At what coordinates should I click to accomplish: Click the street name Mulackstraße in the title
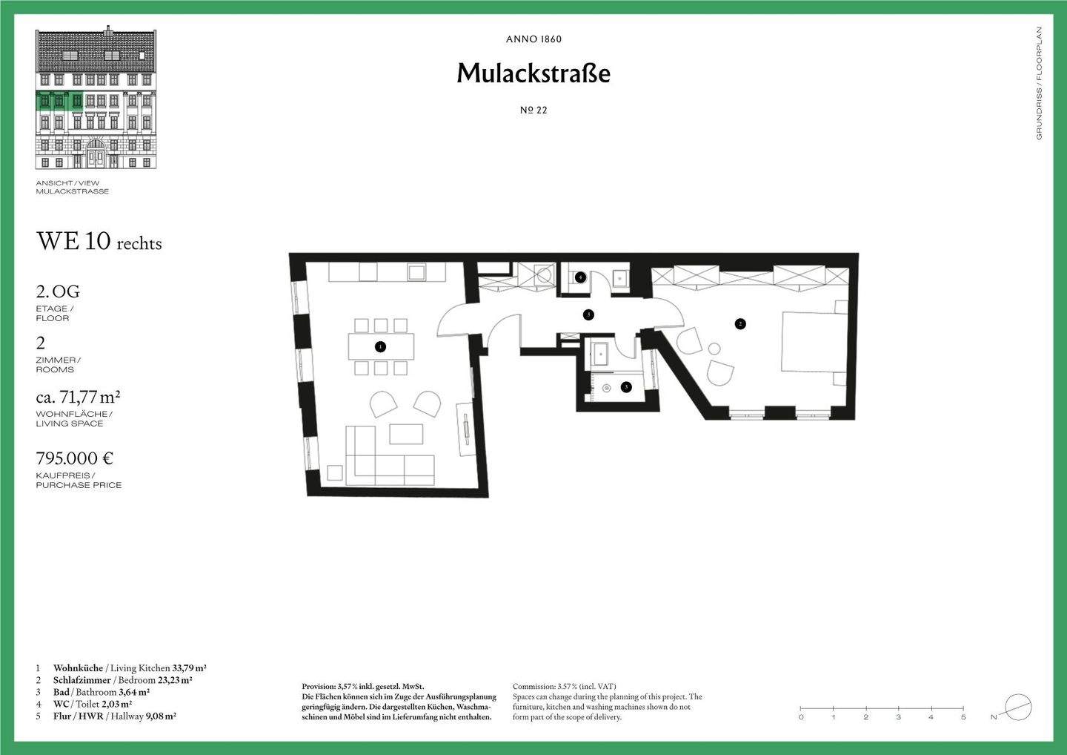[533, 73]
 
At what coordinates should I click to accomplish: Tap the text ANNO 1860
[533, 39]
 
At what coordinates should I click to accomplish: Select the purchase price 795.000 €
[75, 458]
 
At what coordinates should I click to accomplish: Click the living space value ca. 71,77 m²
[79, 398]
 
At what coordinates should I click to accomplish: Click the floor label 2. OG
[58, 291]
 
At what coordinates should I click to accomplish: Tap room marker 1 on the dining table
[380, 346]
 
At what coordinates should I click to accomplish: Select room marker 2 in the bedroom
[739, 323]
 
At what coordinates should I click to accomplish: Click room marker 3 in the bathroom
[626, 386]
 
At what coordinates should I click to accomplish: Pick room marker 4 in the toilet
[580, 277]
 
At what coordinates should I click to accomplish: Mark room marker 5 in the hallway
[588, 314]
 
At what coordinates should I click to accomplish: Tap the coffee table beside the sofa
[406, 434]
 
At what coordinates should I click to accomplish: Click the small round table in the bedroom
[714, 349]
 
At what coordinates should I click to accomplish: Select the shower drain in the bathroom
[607, 387]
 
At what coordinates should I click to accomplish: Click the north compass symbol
[1018, 706]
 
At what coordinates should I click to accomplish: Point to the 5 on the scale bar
[963, 717]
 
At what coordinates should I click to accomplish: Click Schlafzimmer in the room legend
[82, 680]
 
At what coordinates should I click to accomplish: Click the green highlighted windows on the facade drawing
[59, 101]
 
